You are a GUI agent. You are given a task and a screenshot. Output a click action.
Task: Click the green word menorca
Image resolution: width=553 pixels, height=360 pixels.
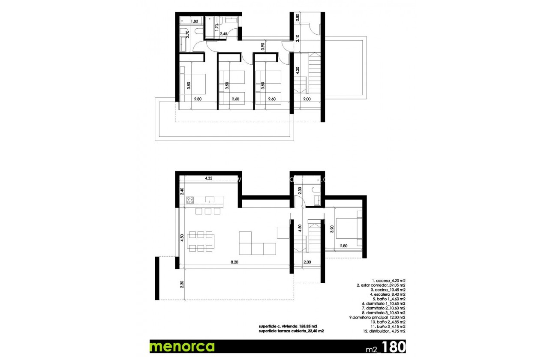coord(182,346)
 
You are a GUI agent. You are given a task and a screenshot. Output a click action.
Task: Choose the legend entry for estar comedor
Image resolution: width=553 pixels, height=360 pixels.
coord(381,285)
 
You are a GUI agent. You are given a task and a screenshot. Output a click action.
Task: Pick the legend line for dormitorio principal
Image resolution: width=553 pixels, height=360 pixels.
coord(377,317)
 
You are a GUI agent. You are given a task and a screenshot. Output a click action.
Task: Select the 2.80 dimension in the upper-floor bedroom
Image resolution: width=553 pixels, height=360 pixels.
coord(197,99)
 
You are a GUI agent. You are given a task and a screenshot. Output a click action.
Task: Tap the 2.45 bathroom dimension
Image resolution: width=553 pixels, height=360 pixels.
coord(223,34)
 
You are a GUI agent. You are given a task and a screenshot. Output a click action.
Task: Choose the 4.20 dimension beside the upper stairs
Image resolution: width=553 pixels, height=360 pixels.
coord(297,71)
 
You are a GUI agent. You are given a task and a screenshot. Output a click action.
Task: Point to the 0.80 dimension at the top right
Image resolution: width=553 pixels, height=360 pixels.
coord(297,18)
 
